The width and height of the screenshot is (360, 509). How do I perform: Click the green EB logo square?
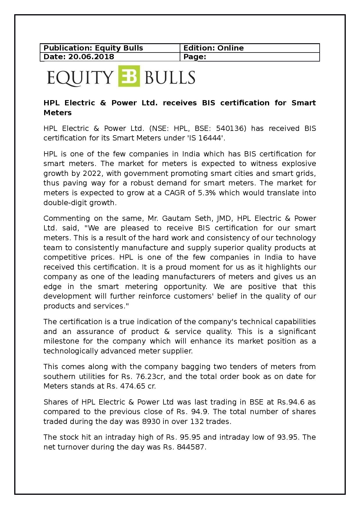[129, 76]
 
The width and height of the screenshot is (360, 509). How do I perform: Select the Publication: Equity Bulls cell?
[110, 48]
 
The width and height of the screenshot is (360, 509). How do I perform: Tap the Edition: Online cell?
[250, 48]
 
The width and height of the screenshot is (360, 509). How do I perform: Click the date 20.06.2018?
[91, 57]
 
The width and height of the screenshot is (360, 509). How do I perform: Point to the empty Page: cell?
[250, 57]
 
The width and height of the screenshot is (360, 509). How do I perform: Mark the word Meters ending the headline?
[57, 113]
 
